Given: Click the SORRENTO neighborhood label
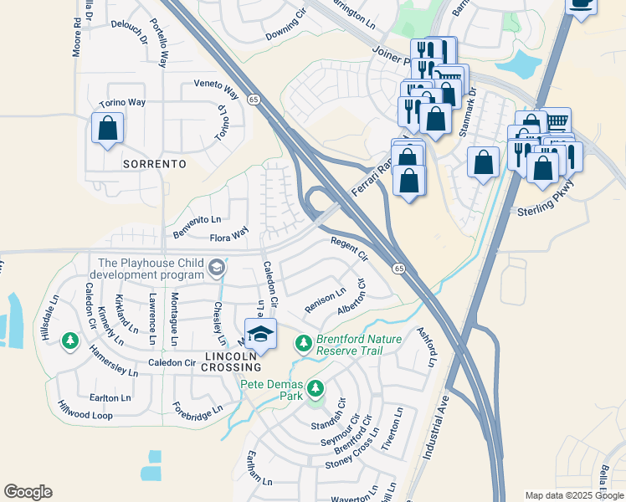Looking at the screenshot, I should (154, 165).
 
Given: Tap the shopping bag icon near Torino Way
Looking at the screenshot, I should (107, 129).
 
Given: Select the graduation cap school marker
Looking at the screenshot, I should (261, 334).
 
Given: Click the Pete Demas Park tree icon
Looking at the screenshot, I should (316, 388).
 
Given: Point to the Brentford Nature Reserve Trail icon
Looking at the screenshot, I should (304, 343).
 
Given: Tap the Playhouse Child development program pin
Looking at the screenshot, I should (217, 268).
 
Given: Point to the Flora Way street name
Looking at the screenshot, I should (228, 237).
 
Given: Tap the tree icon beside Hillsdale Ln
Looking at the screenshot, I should (70, 341).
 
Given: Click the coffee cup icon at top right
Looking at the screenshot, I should (581, 4).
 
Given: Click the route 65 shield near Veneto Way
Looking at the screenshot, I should (253, 99).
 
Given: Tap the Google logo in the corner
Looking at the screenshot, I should (28, 492).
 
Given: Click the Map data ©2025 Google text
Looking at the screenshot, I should (574, 495).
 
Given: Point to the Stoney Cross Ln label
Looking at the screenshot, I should (352, 455).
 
